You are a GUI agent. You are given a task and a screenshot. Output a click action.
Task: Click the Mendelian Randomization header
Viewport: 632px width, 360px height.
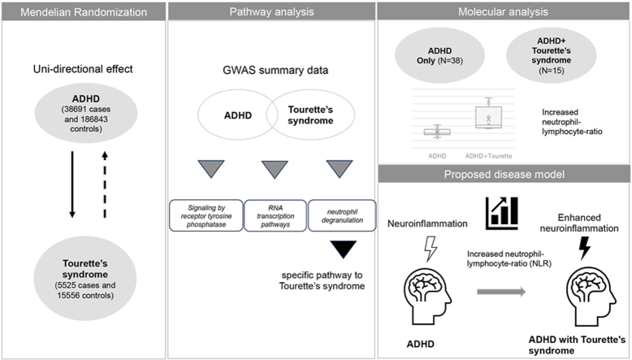coord(84,11)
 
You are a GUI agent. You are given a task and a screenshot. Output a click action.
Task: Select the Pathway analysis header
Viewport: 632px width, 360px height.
coord(271,11)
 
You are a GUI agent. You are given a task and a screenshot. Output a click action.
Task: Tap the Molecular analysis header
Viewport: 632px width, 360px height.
coord(503,11)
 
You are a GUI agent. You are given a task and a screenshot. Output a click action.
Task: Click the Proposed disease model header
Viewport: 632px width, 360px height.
coord(504,174)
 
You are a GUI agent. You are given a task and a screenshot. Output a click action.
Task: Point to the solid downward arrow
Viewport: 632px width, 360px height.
coord(72,184)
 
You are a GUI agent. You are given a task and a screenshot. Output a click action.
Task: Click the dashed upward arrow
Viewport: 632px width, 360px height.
coord(105,184)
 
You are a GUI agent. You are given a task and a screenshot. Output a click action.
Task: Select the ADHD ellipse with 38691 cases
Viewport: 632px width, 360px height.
coord(86,113)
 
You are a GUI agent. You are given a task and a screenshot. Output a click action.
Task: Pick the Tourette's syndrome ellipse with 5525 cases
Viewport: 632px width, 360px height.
coord(85,278)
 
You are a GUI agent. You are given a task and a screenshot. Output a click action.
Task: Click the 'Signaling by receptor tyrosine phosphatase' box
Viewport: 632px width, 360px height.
coord(206,215)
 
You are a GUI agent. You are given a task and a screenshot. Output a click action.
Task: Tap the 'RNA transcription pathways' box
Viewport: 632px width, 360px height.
coord(275,215)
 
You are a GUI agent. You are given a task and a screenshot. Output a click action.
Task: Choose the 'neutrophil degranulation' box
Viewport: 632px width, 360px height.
coord(342,215)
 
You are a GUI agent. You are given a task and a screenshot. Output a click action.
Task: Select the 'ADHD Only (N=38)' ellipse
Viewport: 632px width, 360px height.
coord(439,55)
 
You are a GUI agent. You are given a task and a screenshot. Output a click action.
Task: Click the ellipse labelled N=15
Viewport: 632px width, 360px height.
coord(551,55)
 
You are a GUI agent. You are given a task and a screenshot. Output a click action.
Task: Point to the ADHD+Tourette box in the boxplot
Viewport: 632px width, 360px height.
coord(488,117)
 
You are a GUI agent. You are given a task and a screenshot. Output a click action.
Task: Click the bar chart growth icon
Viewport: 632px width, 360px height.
coord(502,213)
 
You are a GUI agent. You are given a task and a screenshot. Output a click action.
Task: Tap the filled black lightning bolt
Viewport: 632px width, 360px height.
coord(585,248)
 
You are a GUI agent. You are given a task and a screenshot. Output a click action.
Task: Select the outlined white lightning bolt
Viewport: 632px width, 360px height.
coord(431,249)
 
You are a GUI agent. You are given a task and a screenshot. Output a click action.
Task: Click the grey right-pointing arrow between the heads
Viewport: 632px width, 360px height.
coord(501,292)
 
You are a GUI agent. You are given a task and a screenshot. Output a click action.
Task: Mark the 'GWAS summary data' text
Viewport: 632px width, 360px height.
coord(275,70)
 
